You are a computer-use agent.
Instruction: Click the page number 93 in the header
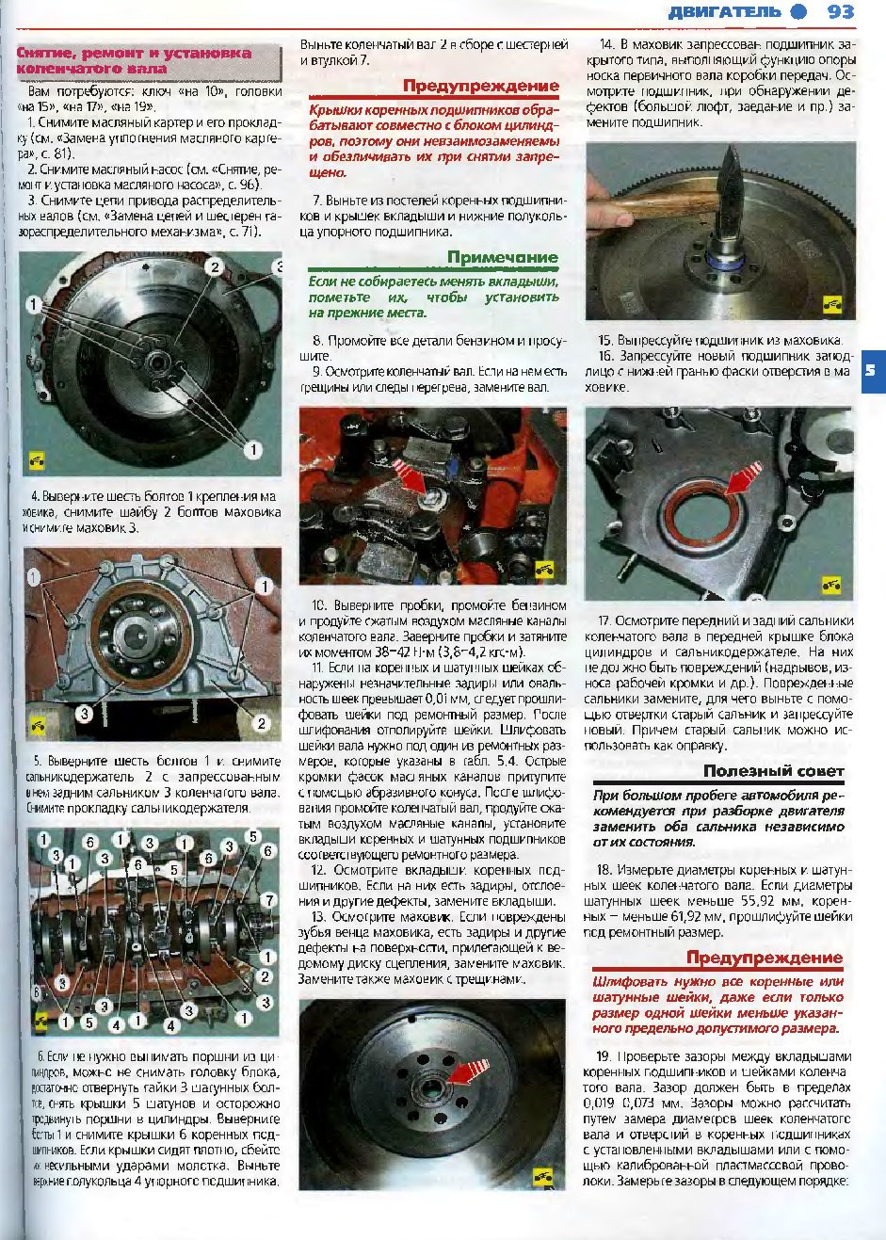840,12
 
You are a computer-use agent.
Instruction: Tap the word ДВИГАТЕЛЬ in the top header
724,12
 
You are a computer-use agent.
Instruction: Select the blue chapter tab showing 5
870,370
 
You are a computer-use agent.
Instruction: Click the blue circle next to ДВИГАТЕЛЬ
798,12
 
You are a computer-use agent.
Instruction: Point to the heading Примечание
502,258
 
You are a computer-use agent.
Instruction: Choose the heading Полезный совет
773,771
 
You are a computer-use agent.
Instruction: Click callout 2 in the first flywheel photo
215,267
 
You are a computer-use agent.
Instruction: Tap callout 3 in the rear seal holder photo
84,714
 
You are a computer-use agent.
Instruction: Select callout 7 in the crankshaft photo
269,900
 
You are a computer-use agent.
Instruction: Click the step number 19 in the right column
604,1055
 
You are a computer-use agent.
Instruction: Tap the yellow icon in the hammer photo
831,304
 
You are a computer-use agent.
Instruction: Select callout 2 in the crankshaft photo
266,977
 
